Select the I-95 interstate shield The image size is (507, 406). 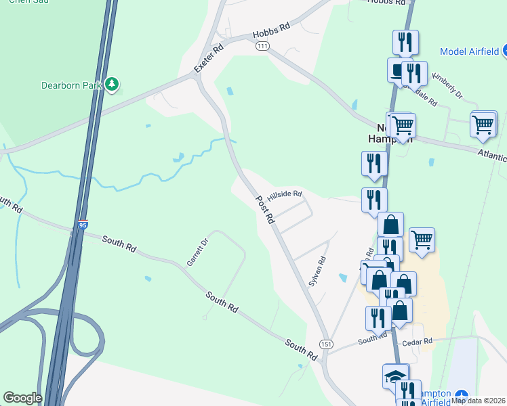pyautogui.click(x=82, y=224)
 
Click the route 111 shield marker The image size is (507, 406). pyautogui.click(x=263, y=45)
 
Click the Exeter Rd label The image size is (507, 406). pyautogui.click(x=208, y=59)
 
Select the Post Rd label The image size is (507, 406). pyautogui.click(x=265, y=210)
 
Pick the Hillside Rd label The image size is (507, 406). pyautogui.click(x=284, y=195)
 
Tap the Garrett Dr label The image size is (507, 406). pyautogui.click(x=195, y=254)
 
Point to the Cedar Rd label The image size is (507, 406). pyautogui.click(x=417, y=342)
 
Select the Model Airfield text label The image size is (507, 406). pyautogui.click(x=470, y=51)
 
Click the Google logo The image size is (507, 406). pyautogui.click(x=22, y=398)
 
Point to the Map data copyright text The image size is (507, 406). pyautogui.click(x=479, y=400)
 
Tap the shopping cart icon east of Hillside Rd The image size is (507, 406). pyautogui.click(x=422, y=239)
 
